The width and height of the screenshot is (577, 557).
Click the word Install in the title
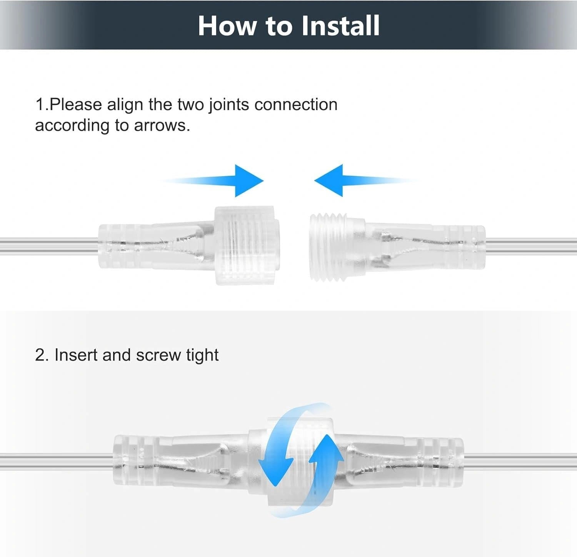point(340,26)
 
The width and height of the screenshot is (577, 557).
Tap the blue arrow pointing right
point(246,181)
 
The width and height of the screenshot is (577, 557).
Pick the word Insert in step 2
point(76,355)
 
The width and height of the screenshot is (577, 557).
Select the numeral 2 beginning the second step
point(40,355)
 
